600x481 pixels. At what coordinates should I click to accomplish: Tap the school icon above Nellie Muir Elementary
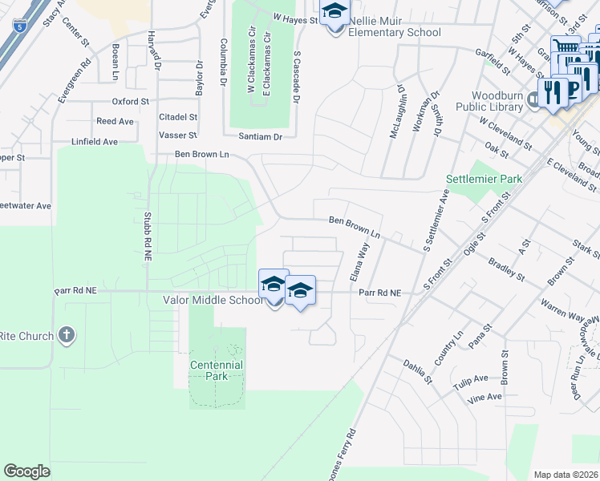coord(334,13)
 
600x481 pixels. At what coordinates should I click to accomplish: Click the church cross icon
coord(67,335)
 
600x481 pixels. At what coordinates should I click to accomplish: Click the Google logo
coord(26,471)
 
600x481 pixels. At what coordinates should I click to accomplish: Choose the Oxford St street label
coord(131,102)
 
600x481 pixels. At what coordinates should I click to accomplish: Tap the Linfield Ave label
coord(94,142)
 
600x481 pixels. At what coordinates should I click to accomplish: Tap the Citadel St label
coord(178,117)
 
